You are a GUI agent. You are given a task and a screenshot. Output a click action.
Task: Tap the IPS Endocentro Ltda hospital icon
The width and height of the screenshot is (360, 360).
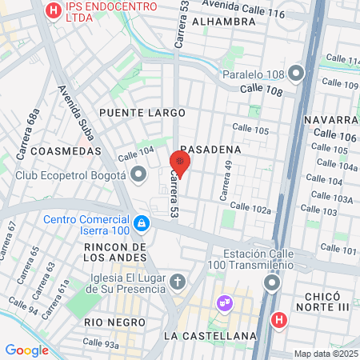coord(54,11)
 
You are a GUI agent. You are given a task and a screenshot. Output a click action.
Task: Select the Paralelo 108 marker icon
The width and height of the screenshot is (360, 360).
coord(297,74)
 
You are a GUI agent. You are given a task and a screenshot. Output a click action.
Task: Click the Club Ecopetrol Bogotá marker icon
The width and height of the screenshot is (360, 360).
coord(139,174)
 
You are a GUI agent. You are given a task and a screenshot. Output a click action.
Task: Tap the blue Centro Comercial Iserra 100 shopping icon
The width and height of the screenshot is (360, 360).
coord(141,222)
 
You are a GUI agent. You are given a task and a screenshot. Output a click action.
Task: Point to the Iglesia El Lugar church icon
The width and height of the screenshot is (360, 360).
coord(177,282)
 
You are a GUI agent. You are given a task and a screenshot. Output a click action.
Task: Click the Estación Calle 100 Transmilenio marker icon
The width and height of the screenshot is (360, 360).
coord(272,282)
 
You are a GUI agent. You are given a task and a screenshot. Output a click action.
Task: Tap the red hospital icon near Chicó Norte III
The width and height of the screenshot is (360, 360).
coord(278,320)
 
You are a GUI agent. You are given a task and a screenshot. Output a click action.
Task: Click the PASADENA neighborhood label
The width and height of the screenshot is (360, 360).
coord(210,150)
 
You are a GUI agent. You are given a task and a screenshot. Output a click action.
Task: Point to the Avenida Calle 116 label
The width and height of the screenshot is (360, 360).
coord(250,12)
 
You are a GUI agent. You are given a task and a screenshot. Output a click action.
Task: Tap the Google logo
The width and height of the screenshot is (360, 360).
coord(27,350)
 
